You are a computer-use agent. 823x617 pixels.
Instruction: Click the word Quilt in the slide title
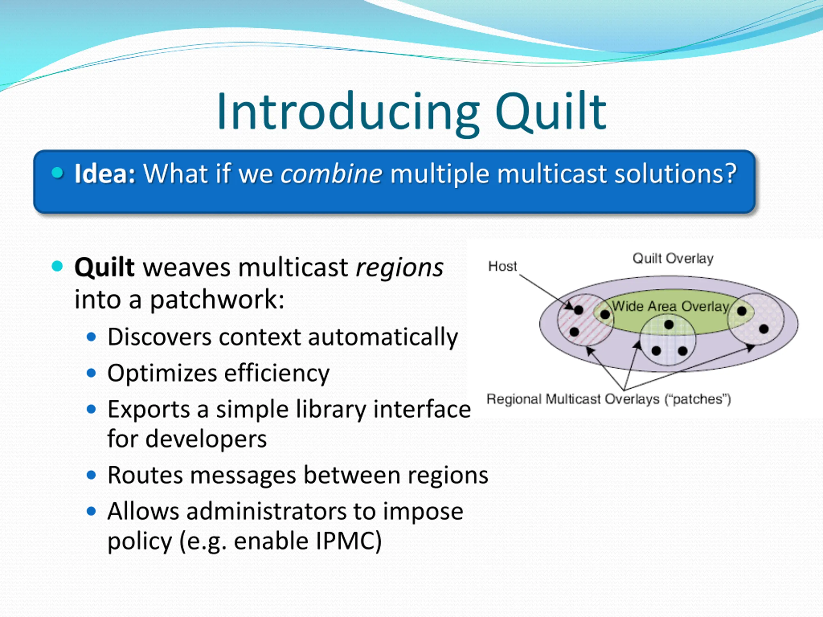coord(551,112)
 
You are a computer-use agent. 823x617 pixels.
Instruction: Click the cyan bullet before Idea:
coord(58,173)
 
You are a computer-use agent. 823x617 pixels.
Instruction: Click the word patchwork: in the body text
coord(217,300)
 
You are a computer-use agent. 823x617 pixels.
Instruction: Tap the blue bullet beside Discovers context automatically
coord(91,337)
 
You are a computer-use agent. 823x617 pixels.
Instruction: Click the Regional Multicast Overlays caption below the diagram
coord(609,399)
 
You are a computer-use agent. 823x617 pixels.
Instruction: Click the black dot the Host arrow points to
coord(579,310)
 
